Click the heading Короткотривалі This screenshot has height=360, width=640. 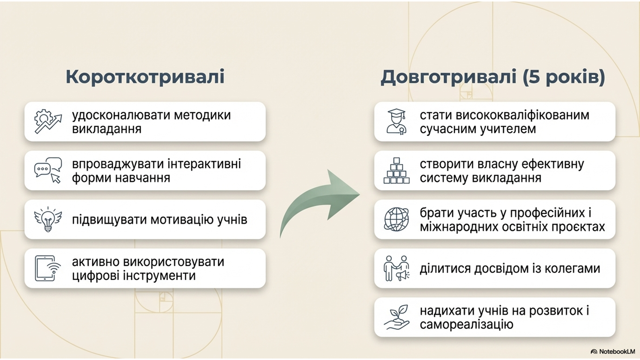tap(145, 76)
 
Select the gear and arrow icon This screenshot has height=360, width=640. tap(48, 121)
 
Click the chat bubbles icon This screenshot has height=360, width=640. tap(48, 170)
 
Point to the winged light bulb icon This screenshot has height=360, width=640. tap(48, 219)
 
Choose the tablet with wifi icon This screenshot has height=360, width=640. tap(48, 268)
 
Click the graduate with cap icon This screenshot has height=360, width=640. tap(396, 121)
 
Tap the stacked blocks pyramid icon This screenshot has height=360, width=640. tap(396, 170)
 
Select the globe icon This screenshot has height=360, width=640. tap(396, 219)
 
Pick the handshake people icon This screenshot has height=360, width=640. tap(396, 268)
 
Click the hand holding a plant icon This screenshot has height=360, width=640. tap(396, 317)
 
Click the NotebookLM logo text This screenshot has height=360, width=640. tap(618, 351)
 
